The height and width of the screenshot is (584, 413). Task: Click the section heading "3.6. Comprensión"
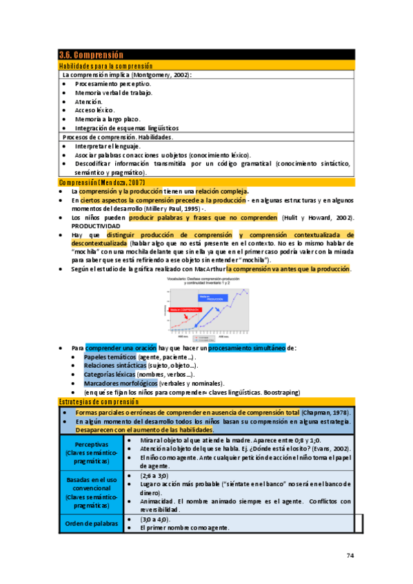[x=91, y=55]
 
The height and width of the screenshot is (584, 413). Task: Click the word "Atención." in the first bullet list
[x=89, y=101]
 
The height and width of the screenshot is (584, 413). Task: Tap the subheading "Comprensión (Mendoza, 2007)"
[x=102, y=182]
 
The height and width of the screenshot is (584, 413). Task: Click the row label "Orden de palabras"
[x=91, y=523]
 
